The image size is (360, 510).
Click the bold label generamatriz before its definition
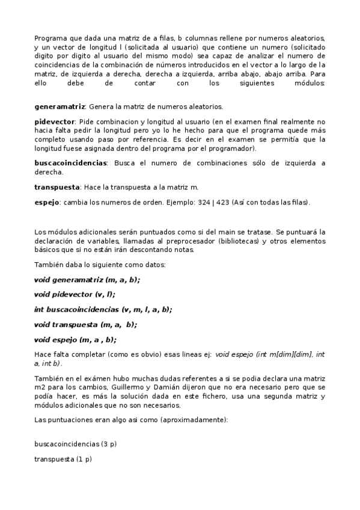(x=59, y=106)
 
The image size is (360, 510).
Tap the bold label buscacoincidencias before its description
(x=70, y=162)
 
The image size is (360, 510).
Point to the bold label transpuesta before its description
(x=56, y=187)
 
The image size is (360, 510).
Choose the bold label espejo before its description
(x=47, y=202)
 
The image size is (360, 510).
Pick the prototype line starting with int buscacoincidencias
(x=103, y=310)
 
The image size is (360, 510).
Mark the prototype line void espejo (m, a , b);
(x=75, y=340)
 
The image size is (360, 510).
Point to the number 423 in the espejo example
(x=221, y=202)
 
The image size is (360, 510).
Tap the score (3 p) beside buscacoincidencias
(x=109, y=443)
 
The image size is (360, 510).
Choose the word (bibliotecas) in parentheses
(x=237, y=241)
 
